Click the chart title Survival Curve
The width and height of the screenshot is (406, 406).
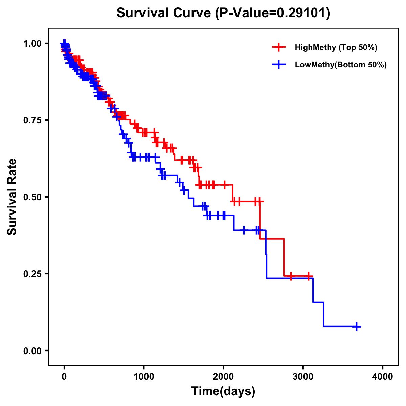(164, 13)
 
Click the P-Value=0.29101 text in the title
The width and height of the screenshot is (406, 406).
(273, 13)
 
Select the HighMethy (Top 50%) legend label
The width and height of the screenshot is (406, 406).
(336, 47)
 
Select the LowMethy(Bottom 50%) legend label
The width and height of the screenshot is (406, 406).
(341, 65)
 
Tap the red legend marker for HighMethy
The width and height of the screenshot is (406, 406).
(279, 47)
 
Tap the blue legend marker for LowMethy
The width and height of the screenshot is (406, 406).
(279, 65)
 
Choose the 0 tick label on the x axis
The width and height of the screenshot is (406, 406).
(64, 377)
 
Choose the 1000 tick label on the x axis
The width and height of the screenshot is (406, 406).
(144, 377)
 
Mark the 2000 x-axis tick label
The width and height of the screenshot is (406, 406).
(223, 377)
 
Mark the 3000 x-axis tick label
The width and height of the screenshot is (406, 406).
(303, 377)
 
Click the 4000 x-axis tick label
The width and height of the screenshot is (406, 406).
(383, 377)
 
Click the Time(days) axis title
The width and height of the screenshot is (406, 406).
(223, 391)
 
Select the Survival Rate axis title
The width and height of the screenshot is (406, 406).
(12, 197)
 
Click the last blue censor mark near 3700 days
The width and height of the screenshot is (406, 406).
(357, 326)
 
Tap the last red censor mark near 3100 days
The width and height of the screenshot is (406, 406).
(308, 276)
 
